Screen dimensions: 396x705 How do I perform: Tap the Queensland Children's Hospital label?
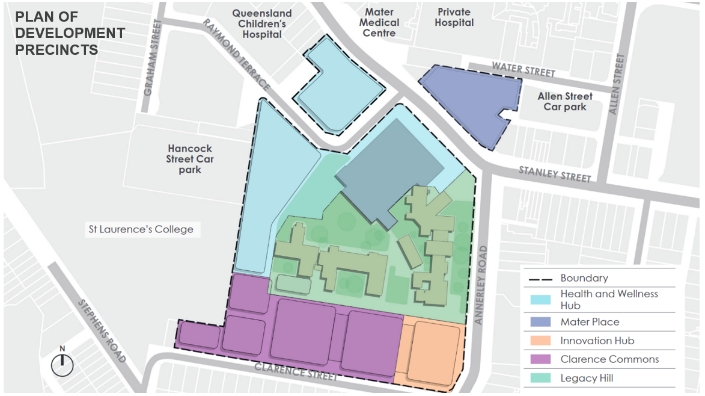[262, 24]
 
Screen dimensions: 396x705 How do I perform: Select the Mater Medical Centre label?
[381, 23]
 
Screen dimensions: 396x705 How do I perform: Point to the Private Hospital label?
[454, 17]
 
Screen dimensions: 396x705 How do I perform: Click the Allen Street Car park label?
[565, 101]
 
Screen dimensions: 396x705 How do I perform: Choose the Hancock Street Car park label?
[191, 159]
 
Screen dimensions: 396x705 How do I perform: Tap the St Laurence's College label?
[141, 229]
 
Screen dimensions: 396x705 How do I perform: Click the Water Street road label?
[523, 70]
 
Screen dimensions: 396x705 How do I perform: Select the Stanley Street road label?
[555, 174]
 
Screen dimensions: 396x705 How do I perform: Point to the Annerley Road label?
[480, 285]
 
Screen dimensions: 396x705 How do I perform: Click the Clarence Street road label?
[295, 371]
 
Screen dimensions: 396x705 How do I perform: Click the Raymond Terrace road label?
[236, 54]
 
